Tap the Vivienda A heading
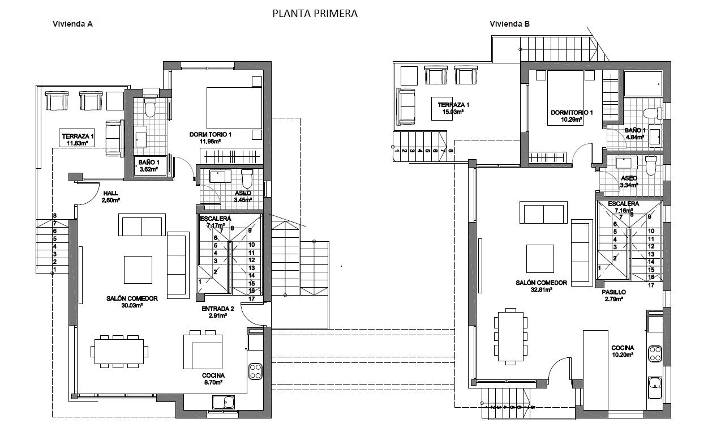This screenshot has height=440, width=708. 72,24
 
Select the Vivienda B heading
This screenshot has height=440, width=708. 510,24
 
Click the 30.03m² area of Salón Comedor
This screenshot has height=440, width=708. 131,306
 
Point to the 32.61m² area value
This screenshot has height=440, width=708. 542,289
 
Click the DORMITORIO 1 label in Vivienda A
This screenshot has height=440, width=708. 211,134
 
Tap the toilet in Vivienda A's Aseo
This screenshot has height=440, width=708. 247,180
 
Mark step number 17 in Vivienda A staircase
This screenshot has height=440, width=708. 251,298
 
